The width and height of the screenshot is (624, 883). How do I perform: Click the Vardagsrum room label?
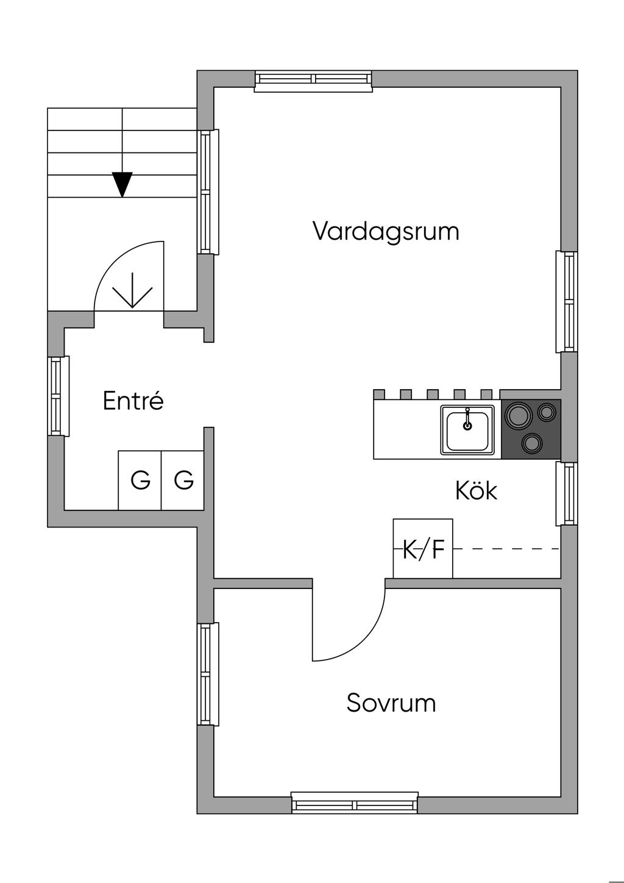(x=385, y=232)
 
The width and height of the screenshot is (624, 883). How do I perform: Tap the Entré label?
(x=133, y=401)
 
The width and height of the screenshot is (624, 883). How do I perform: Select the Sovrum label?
(x=391, y=703)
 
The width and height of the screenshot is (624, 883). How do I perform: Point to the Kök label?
(x=476, y=490)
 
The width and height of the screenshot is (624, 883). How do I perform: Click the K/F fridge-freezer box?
(x=423, y=548)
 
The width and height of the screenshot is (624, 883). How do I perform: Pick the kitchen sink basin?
(x=467, y=431)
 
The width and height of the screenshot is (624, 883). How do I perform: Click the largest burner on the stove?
(x=519, y=416)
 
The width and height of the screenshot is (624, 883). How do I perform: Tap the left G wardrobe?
(x=140, y=481)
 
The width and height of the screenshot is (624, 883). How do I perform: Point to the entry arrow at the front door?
(x=132, y=291)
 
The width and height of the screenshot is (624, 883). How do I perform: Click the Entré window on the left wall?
(x=58, y=396)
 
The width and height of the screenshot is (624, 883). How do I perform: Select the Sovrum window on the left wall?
(x=207, y=673)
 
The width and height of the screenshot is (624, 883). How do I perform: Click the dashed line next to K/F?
(x=506, y=549)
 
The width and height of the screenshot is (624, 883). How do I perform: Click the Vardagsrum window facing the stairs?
(x=207, y=191)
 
